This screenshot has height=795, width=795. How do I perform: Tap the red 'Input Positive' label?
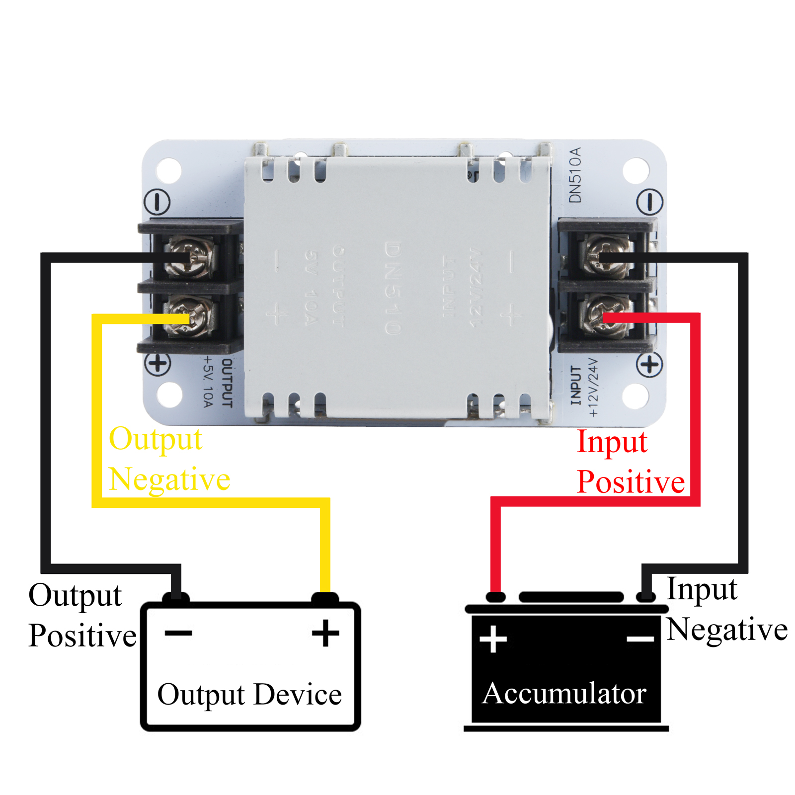[x=630, y=462]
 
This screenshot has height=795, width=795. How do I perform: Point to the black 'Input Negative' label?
[x=726, y=609]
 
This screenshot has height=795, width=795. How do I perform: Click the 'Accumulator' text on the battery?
[x=564, y=693]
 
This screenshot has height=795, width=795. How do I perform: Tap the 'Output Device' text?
[x=249, y=694]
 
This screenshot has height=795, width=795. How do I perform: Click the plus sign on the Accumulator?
[x=493, y=639]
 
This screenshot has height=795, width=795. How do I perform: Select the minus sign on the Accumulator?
[x=640, y=639]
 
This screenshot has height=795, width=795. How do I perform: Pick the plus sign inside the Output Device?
[x=325, y=633]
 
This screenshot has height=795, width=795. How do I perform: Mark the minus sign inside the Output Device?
[x=178, y=633]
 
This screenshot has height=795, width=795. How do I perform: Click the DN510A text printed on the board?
[x=575, y=175]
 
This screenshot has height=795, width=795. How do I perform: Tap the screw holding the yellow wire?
[x=191, y=316]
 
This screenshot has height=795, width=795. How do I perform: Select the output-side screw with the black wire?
[x=191, y=257]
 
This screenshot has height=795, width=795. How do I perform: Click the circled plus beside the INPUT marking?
[x=649, y=365]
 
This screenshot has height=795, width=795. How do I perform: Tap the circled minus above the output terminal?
[x=157, y=202]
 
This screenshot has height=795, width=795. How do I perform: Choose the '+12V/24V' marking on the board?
[x=593, y=387]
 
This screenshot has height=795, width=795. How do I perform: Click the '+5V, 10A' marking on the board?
[x=208, y=382]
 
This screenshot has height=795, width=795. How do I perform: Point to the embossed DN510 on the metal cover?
[x=393, y=288]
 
